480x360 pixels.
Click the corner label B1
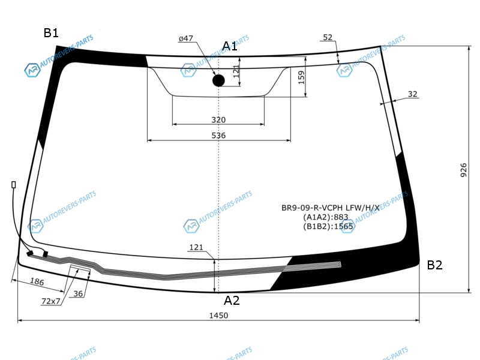click(x=51, y=33)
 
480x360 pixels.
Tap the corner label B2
click(x=434, y=265)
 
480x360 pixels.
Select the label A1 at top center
click(x=230, y=46)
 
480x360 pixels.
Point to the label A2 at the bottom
click(x=232, y=301)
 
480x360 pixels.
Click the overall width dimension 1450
click(x=218, y=316)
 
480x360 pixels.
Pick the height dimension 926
click(x=463, y=170)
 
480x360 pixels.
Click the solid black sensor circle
click(x=218, y=80)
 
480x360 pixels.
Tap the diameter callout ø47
click(x=186, y=38)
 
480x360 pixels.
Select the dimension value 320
click(x=218, y=119)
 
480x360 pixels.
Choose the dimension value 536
click(x=218, y=136)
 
